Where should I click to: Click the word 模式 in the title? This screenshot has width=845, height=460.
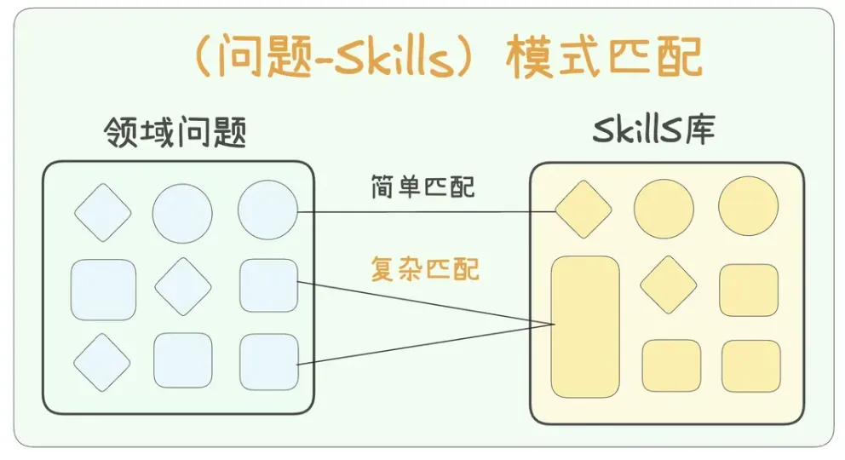point(552,56)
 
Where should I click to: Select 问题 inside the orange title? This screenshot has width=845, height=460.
point(265,56)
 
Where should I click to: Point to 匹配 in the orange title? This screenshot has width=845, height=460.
point(654,56)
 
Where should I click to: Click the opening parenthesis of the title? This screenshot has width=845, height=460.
point(204,56)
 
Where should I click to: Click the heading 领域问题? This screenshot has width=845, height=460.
point(175,131)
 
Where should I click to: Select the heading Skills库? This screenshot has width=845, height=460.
point(653,129)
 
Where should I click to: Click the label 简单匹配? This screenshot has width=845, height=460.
point(422,187)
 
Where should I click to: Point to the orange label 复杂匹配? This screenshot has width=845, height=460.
point(425,269)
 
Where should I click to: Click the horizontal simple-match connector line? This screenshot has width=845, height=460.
point(427,212)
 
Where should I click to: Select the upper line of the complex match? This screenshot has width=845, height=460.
point(426,303)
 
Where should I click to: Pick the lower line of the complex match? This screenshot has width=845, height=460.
point(426,345)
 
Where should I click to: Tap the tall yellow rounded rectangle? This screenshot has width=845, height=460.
point(585,327)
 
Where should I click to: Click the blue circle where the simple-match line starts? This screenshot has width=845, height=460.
point(267,210)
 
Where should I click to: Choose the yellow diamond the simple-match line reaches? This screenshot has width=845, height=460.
point(583,209)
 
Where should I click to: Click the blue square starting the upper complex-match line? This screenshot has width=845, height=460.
point(269,285)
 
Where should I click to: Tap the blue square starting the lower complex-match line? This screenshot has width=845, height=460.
point(269,362)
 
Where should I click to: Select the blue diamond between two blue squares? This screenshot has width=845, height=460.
point(183,286)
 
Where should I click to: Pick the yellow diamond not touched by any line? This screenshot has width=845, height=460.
point(668,285)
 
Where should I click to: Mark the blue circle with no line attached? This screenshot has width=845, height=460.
point(182,213)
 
